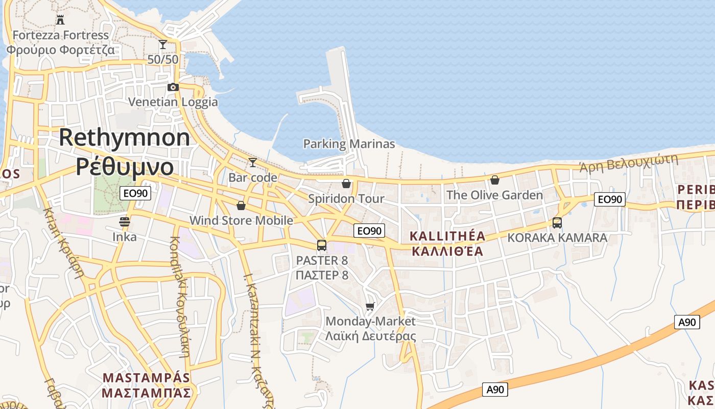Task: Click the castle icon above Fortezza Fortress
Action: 60,20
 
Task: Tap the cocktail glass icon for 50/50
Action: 163,44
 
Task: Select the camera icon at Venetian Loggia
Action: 173,87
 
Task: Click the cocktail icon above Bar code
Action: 252,163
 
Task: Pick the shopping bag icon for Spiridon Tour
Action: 346,184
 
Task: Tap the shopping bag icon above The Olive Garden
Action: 494,180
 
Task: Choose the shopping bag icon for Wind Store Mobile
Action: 241,206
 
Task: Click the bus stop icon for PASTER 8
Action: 322,245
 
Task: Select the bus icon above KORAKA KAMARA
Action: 557,223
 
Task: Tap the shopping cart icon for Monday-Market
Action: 370,307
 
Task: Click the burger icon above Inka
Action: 125,222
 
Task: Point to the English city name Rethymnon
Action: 125,138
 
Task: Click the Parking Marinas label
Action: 349,144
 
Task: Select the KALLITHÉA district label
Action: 447,236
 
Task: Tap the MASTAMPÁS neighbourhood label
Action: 146,378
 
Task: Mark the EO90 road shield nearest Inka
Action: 135,193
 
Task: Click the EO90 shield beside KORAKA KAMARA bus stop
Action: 610,199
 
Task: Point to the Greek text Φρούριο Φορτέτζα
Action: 60,50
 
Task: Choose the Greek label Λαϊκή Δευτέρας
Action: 371,336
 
